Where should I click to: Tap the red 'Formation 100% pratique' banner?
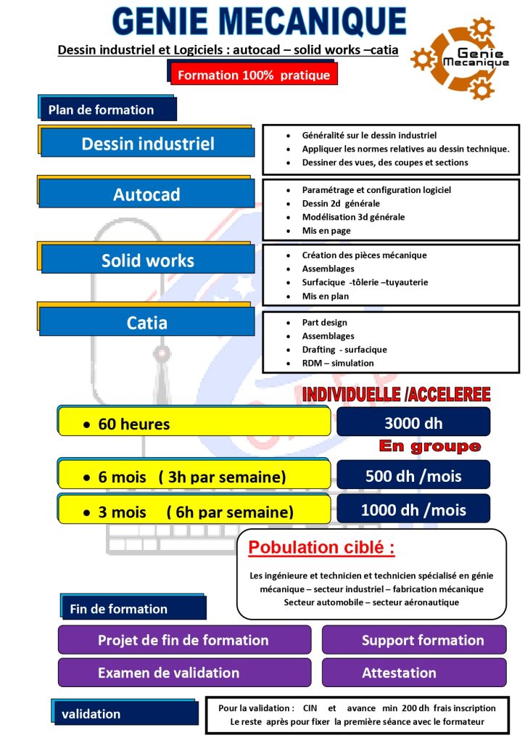(254, 75)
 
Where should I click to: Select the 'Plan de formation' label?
(107, 110)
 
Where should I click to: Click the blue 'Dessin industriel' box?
(147, 143)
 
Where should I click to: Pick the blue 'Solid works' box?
(147, 260)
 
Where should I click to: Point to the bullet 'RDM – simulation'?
(338, 363)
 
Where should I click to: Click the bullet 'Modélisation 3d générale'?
(353, 217)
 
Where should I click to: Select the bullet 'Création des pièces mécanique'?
(364, 255)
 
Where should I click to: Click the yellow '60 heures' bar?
(194, 423)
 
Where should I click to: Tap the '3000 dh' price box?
(413, 423)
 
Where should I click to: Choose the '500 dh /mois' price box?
(413, 476)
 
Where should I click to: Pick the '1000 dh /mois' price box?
(413, 509)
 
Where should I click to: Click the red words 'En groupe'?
(430, 446)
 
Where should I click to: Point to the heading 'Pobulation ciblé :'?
(321, 547)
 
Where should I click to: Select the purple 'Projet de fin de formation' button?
(184, 640)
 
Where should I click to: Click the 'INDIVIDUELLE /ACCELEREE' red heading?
(396, 395)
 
